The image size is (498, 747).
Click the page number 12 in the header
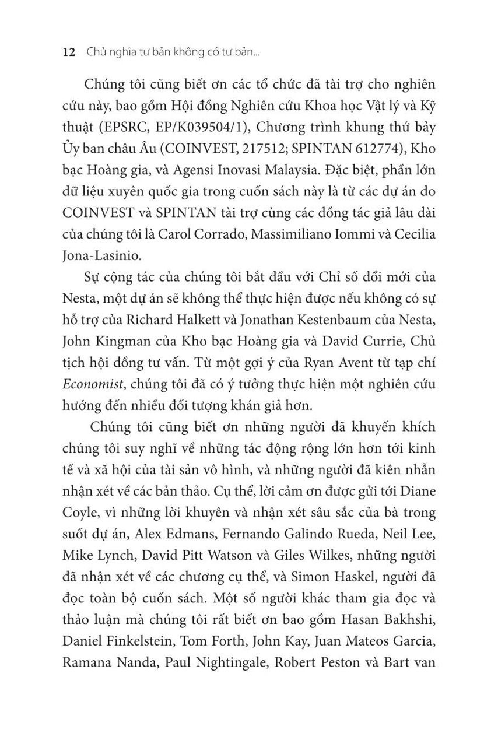pyautogui.click(x=68, y=52)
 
